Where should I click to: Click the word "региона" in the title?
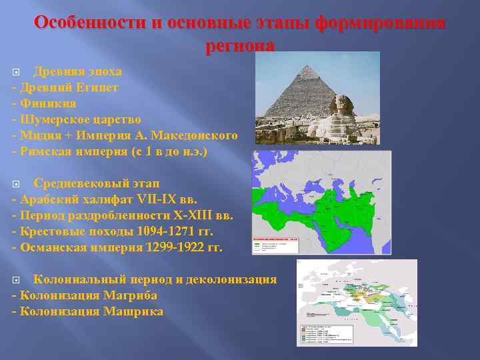pyautogui.click(x=240, y=45)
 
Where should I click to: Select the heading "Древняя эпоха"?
pyautogui.click(x=77, y=71)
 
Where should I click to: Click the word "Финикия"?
pyautogui.click(x=48, y=103)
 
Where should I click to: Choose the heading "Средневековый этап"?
pyautogui.click(x=97, y=183)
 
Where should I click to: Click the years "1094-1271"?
pyautogui.click(x=159, y=231)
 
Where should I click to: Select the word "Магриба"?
pyautogui.click(x=133, y=295)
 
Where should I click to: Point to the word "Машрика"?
pyautogui.click(x=133, y=311)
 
